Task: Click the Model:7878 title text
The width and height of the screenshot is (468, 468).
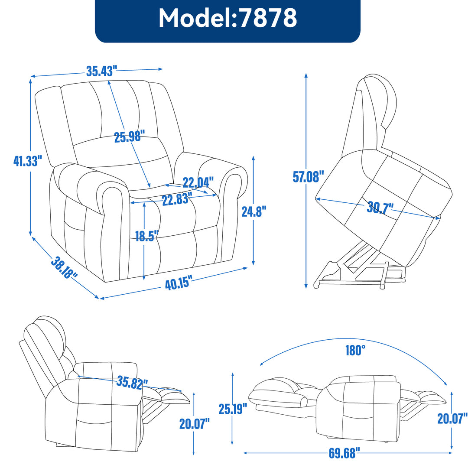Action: pyautogui.click(x=227, y=18)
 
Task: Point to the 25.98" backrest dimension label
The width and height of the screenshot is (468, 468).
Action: pyautogui.click(x=129, y=137)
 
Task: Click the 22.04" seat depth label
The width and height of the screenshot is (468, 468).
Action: pyautogui.click(x=198, y=182)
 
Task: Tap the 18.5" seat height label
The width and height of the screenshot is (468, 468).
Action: pyautogui.click(x=146, y=236)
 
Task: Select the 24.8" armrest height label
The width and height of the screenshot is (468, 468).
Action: pyautogui.click(x=254, y=211)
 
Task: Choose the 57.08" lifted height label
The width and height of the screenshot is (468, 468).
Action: pyautogui.click(x=309, y=177)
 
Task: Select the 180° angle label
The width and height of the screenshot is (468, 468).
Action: pyautogui.click(x=353, y=350)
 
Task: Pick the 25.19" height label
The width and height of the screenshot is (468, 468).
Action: pyautogui.click(x=233, y=408)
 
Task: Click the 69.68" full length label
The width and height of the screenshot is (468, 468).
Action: pyautogui.click(x=344, y=454)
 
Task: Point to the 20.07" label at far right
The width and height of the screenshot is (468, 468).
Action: pyautogui.click(x=452, y=418)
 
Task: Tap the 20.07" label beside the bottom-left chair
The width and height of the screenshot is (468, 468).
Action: pyautogui.click(x=195, y=423)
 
